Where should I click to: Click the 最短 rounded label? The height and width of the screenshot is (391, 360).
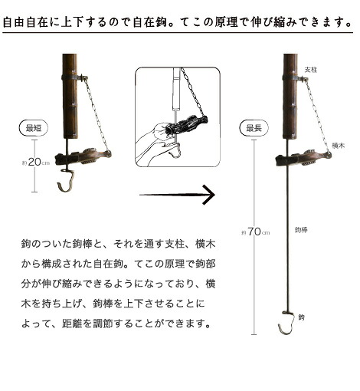32,127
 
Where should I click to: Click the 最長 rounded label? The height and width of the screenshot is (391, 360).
253,128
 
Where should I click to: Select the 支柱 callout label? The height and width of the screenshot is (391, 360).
311,69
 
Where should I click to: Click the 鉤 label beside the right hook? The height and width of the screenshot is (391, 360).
301,315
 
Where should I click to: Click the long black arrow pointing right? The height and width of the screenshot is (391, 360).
177,195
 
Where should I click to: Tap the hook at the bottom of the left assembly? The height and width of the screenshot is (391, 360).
68,184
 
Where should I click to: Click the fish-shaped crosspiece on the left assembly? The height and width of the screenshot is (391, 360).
84,157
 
